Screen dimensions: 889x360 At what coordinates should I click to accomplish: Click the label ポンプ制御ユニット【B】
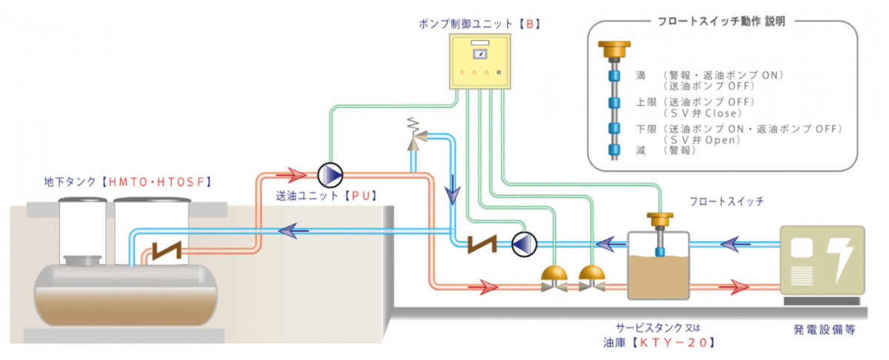point(480,24)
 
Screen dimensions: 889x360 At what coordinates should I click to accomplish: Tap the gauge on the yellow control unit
point(480,54)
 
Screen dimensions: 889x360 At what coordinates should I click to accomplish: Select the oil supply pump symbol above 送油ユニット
point(330,175)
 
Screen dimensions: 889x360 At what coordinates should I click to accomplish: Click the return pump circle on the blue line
point(524,244)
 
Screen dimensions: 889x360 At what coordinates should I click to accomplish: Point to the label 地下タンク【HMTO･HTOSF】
point(128,181)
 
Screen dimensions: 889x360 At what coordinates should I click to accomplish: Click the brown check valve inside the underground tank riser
point(167,251)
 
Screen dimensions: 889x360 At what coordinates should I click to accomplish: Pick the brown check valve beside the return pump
point(482,244)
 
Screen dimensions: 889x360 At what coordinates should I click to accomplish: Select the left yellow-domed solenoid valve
point(554,279)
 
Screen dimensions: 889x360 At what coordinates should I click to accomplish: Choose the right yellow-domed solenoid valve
point(592,279)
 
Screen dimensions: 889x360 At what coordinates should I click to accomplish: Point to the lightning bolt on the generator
point(841,260)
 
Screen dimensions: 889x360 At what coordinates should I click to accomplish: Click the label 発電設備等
point(825,330)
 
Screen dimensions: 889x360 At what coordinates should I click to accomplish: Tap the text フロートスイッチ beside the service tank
point(727,201)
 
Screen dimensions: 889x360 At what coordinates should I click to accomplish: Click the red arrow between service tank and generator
point(734,287)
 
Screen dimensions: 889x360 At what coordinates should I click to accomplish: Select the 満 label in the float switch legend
point(641,76)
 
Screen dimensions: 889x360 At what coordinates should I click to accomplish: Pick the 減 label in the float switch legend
point(641,150)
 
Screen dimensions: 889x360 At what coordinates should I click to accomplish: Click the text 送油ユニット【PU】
point(327,196)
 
